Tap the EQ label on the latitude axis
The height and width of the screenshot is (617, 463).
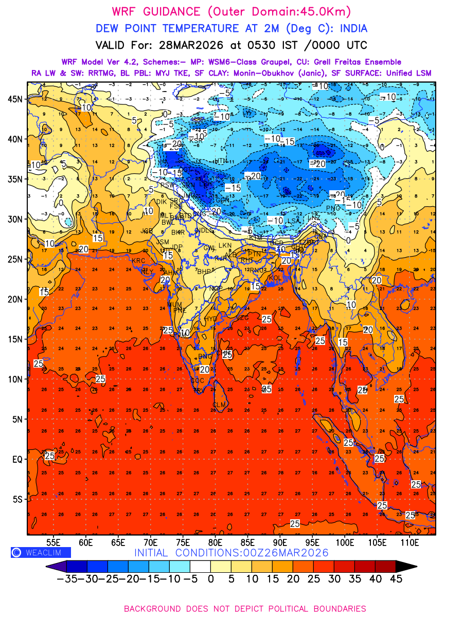coord(17,459)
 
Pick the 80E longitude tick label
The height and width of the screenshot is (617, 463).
coord(215,542)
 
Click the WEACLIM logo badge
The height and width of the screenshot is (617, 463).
coord(41,552)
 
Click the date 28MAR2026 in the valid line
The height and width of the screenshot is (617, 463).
coord(193,45)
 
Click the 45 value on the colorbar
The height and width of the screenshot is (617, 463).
coord(395,578)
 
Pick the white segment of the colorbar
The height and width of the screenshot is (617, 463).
coord(200,566)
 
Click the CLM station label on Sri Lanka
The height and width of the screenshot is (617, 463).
coord(220,405)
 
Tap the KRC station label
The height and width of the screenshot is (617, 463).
coord(138,261)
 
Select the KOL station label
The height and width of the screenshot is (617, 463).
coord(275,278)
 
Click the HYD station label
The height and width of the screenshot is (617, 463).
coord(211,319)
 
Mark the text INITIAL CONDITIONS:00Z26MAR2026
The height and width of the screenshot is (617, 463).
coord(232,553)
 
